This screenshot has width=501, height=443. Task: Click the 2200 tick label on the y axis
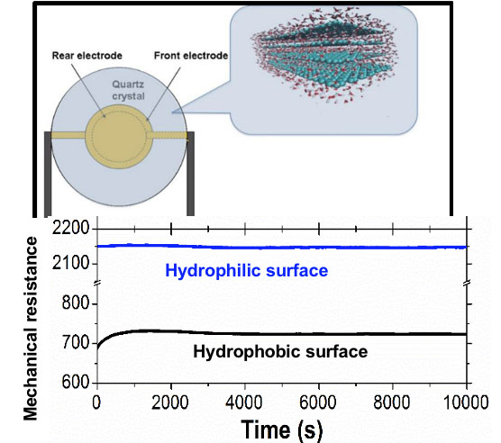coord(70,228)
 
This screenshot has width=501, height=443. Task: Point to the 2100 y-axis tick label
coord(70,263)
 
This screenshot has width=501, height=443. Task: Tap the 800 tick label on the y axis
coord(76,303)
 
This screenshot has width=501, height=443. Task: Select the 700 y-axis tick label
coord(76,342)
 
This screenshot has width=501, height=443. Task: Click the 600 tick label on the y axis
coord(76,382)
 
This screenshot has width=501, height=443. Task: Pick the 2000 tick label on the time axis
coord(170,402)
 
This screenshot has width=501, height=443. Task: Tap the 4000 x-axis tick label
coord(244,402)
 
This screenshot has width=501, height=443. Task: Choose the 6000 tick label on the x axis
coord(318,402)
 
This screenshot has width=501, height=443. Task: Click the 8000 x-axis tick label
coord(392,402)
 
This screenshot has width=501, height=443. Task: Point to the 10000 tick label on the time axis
coord(466,402)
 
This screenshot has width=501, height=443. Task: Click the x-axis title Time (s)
coord(281,429)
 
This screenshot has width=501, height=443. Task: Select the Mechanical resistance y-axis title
coord(31,329)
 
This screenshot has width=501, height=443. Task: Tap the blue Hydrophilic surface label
coord(246,271)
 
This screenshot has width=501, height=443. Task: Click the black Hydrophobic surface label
coord(280,352)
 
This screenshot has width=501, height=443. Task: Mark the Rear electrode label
coord(87,56)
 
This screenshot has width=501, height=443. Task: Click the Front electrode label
coord(191,56)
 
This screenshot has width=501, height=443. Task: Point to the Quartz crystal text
coord(128,90)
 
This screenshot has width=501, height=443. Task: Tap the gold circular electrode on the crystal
coord(119,136)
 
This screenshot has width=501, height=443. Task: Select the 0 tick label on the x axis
coord(96,402)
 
